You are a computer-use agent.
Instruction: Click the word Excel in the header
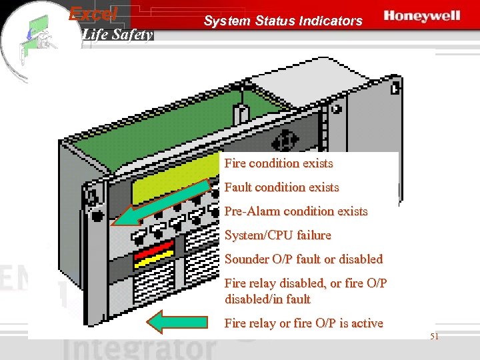(93, 13)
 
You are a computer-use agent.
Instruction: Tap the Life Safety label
(117, 34)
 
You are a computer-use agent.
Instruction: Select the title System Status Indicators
(283, 21)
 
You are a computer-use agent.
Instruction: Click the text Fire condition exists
(279, 163)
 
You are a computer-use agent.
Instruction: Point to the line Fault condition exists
(281, 187)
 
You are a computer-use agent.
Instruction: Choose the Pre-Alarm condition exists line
(296, 211)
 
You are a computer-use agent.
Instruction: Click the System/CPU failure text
(277, 235)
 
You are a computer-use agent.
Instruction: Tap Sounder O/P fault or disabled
(303, 259)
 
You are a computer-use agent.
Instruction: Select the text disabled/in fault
(267, 299)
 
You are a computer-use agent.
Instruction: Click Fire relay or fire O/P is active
(303, 323)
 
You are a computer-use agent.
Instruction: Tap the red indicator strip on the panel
(154, 253)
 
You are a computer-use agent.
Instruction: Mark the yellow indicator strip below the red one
(154, 262)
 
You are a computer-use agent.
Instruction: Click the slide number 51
(434, 337)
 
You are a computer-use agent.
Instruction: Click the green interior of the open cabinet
(200, 113)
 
